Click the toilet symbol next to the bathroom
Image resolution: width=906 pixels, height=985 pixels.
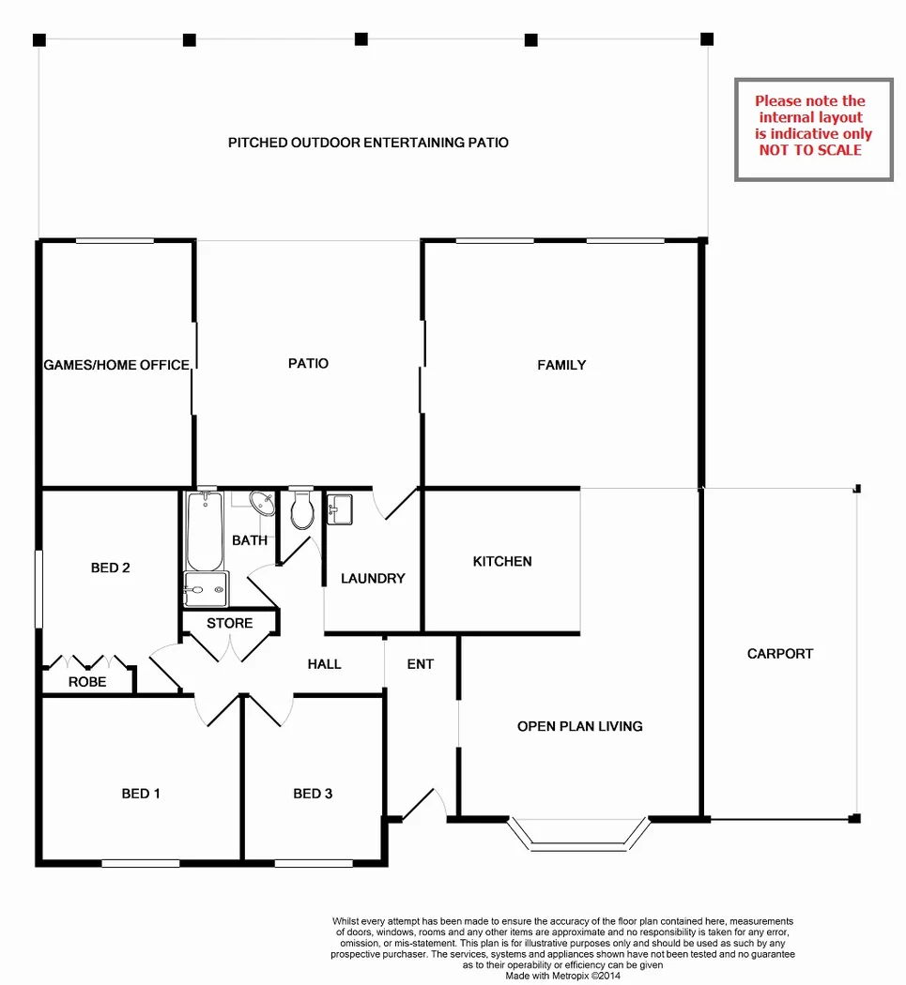coord(302,510)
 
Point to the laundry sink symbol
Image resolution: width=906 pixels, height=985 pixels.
coord(340,510)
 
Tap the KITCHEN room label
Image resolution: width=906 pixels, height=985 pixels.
coord(502,561)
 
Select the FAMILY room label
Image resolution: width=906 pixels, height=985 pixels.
coord(561,365)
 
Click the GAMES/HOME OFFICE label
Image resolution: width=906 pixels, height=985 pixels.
coord(116,365)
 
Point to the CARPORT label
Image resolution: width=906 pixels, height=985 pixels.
coord(780,654)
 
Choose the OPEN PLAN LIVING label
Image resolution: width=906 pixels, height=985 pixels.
coord(580,726)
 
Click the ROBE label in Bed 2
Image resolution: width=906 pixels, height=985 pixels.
coord(87,682)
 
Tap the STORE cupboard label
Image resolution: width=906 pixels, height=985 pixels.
coord(230,623)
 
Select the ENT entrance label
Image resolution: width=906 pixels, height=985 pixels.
coord(421,664)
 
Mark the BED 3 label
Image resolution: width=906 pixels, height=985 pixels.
coord(313,794)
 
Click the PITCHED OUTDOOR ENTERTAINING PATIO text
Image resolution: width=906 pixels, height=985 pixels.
coord(368,143)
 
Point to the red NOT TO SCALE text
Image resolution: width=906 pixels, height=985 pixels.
coord(810,149)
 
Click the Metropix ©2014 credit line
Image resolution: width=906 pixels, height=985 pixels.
coord(562,975)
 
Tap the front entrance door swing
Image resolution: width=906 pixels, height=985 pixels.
coord(422,805)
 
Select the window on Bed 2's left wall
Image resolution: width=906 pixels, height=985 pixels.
coord(38,589)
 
